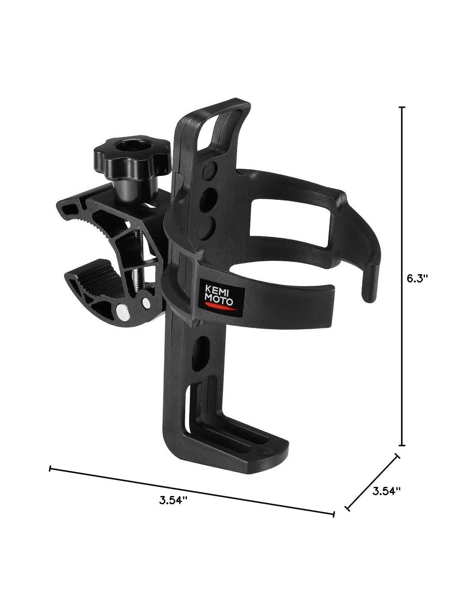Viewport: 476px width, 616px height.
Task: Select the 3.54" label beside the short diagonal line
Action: click(386, 491)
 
